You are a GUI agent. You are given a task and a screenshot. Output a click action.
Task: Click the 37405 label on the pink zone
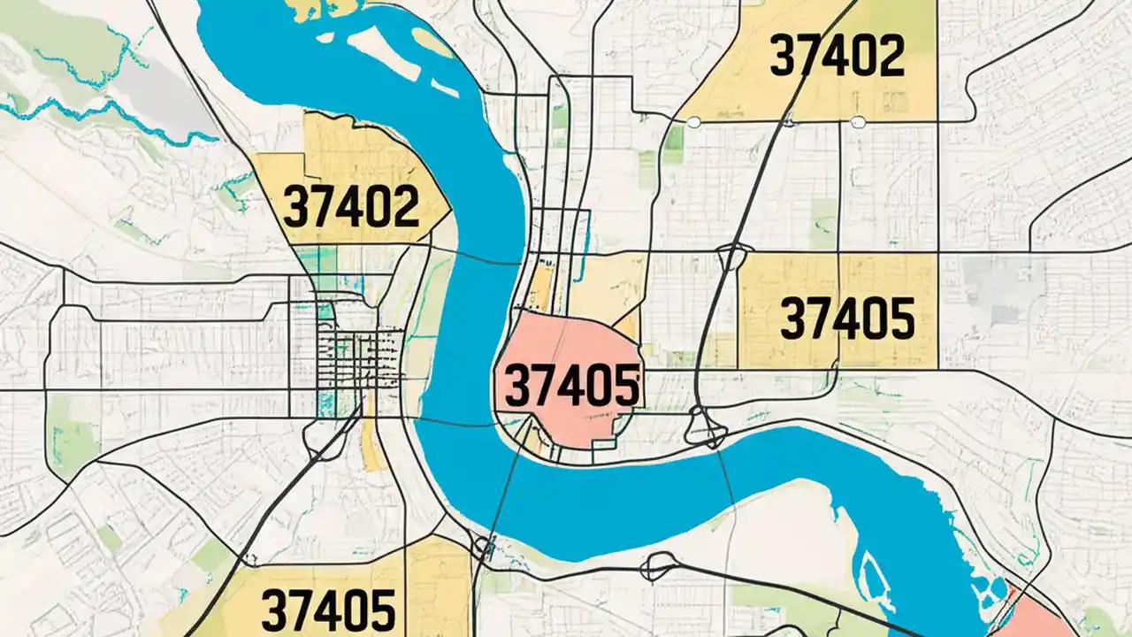click(571, 387)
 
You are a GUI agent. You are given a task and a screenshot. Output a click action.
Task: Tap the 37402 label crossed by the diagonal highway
click(837, 55)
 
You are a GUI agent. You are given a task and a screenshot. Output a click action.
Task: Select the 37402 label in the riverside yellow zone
click(350, 207)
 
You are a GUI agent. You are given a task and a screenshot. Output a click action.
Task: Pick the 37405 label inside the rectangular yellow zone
click(847, 319)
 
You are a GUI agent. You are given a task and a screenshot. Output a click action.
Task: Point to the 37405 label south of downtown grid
click(328, 609)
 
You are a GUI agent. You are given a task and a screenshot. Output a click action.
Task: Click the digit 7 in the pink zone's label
click(540, 387)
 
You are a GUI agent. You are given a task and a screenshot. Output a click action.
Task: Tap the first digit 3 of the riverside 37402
click(294, 208)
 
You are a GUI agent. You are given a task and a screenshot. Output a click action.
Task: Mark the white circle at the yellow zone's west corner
click(693, 122)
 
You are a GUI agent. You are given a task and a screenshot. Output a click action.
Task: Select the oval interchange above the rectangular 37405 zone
click(734, 257)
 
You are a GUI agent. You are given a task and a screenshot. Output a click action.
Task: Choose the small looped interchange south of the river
click(659, 564)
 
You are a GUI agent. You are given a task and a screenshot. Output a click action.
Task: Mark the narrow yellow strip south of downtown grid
click(371, 442)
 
